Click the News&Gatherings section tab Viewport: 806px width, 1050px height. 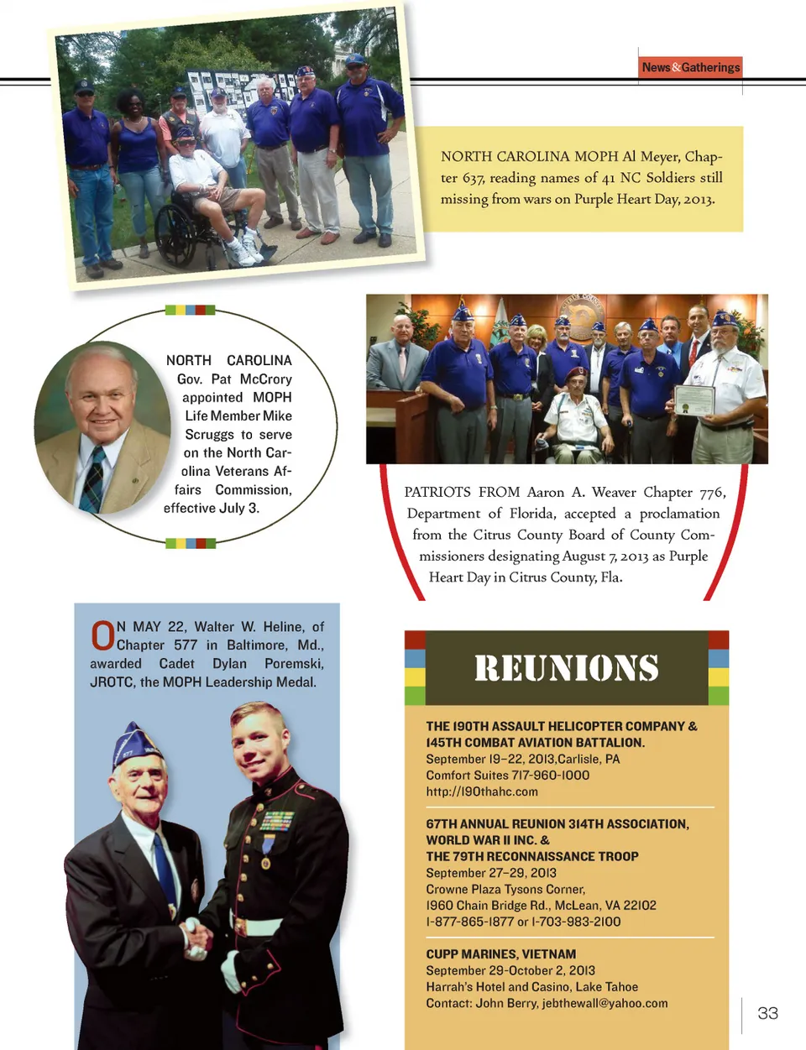(x=690, y=67)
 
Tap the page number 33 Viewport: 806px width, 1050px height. (x=767, y=1013)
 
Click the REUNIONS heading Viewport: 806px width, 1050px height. (x=566, y=668)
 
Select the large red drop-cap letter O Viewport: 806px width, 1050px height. (x=102, y=635)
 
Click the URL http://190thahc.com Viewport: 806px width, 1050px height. (x=482, y=791)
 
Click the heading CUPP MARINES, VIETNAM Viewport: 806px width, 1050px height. (x=500, y=954)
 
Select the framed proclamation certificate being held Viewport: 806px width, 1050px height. (x=694, y=400)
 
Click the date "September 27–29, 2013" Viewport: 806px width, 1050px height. (x=490, y=873)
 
